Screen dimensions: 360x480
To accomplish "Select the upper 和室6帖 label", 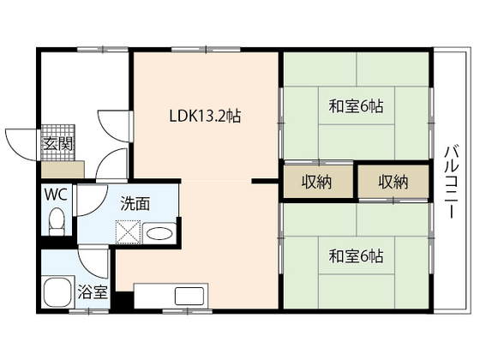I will coord(355,108).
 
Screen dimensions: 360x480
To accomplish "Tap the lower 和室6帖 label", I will coord(355,255).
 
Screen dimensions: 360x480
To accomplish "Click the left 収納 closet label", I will coord(318,182).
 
